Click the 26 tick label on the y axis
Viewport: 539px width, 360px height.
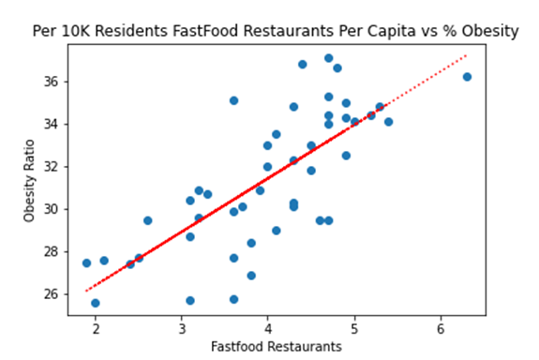49,293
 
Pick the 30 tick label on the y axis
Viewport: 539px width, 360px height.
49,209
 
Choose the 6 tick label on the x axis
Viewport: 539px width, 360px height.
441,328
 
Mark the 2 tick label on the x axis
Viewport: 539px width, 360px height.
96,328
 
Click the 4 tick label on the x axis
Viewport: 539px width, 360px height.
268,328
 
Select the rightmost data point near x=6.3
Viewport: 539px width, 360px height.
467,77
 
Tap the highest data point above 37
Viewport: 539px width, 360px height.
328,58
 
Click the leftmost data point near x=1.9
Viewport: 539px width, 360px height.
86,263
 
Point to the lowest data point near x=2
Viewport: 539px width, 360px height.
96,303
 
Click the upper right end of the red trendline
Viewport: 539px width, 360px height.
466,55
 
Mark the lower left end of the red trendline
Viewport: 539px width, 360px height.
87,291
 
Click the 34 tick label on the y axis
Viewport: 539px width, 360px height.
49,124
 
